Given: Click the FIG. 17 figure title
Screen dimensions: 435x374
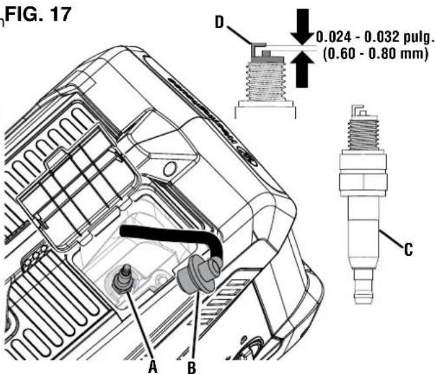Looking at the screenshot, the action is (38, 14).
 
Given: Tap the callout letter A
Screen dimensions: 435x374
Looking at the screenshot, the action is (152, 366).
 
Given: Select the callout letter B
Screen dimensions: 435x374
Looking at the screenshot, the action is (191, 367).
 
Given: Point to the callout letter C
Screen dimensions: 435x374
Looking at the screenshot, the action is (408, 249).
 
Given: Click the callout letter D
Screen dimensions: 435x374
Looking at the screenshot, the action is (219, 23).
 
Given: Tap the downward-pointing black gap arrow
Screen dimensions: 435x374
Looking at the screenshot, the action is (302, 27).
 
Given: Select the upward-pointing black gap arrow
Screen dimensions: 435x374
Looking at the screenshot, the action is (302, 69).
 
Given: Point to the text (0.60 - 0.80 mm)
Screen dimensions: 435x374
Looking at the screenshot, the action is (375, 53).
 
